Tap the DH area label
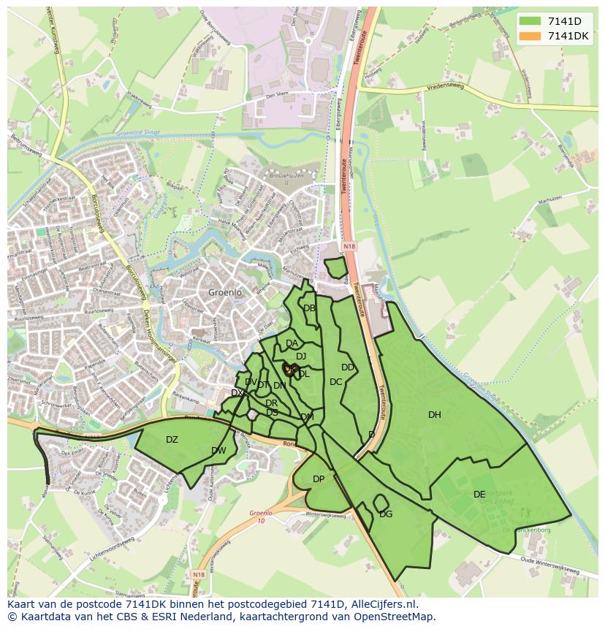(435, 415)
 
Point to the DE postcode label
(479, 495)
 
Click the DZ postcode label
(172, 440)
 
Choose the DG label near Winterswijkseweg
(386, 514)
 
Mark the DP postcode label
(319, 479)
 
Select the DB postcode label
(309, 308)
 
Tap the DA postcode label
(292, 343)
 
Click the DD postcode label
(348, 367)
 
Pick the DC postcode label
(335, 381)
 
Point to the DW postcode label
(218, 451)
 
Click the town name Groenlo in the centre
(224, 292)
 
